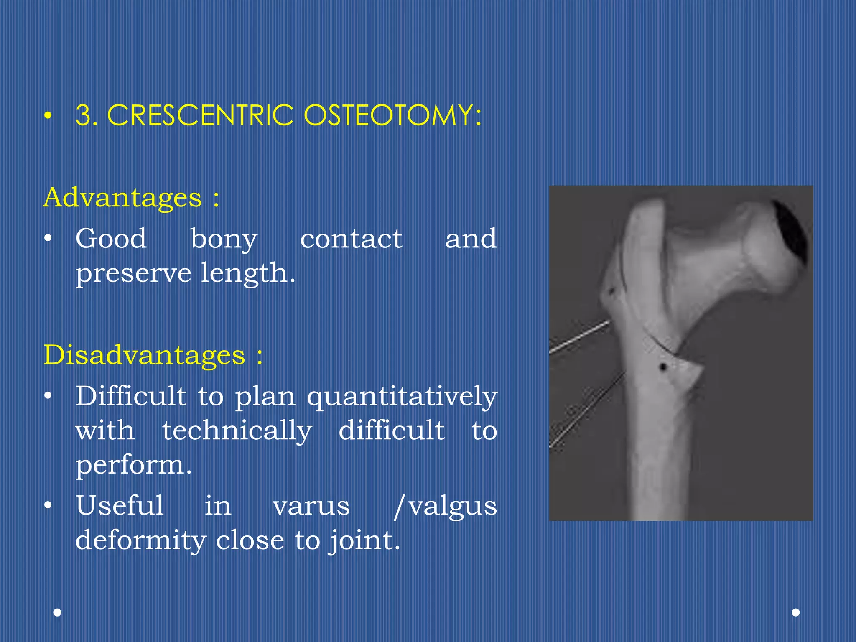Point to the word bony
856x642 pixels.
[224, 239]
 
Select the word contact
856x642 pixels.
[351, 239]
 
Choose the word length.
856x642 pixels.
[248, 273]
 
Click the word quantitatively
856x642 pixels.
[402, 396]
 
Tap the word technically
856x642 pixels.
[237, 431]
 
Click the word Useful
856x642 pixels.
[120, 505]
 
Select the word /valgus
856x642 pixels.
[445, 506]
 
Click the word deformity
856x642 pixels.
[141, 540]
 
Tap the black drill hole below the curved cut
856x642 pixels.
[663, 367]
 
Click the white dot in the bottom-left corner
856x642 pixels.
[58, 612]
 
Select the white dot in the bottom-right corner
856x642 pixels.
[796, 612]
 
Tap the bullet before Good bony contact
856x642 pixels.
[48, 239]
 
